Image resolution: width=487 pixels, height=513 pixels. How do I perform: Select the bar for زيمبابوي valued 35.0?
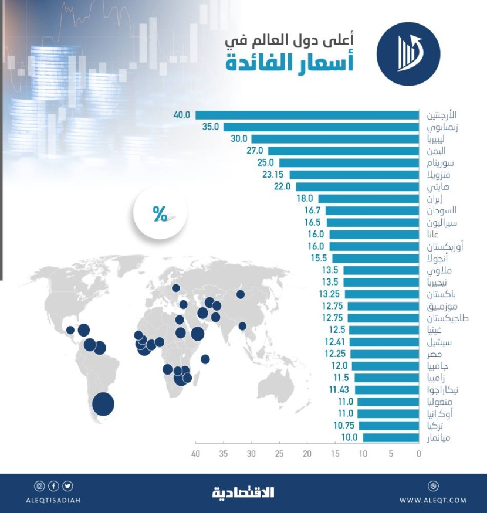(x=321, y=127)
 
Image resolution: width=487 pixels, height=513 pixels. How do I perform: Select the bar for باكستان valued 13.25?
(x=383, y=294)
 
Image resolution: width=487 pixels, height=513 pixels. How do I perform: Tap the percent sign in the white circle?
(x=160, y=215)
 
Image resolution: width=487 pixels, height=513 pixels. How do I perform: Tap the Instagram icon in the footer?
(x=39, y=485)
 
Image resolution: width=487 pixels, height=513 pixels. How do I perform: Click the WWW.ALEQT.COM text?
(x=433, y=500)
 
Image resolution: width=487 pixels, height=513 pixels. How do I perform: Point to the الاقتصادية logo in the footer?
(x=243, y=492)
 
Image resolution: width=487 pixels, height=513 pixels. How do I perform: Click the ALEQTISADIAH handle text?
(x=53, y=500)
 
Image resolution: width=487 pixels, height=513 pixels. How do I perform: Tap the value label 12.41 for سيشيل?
(x=335, y=342)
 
